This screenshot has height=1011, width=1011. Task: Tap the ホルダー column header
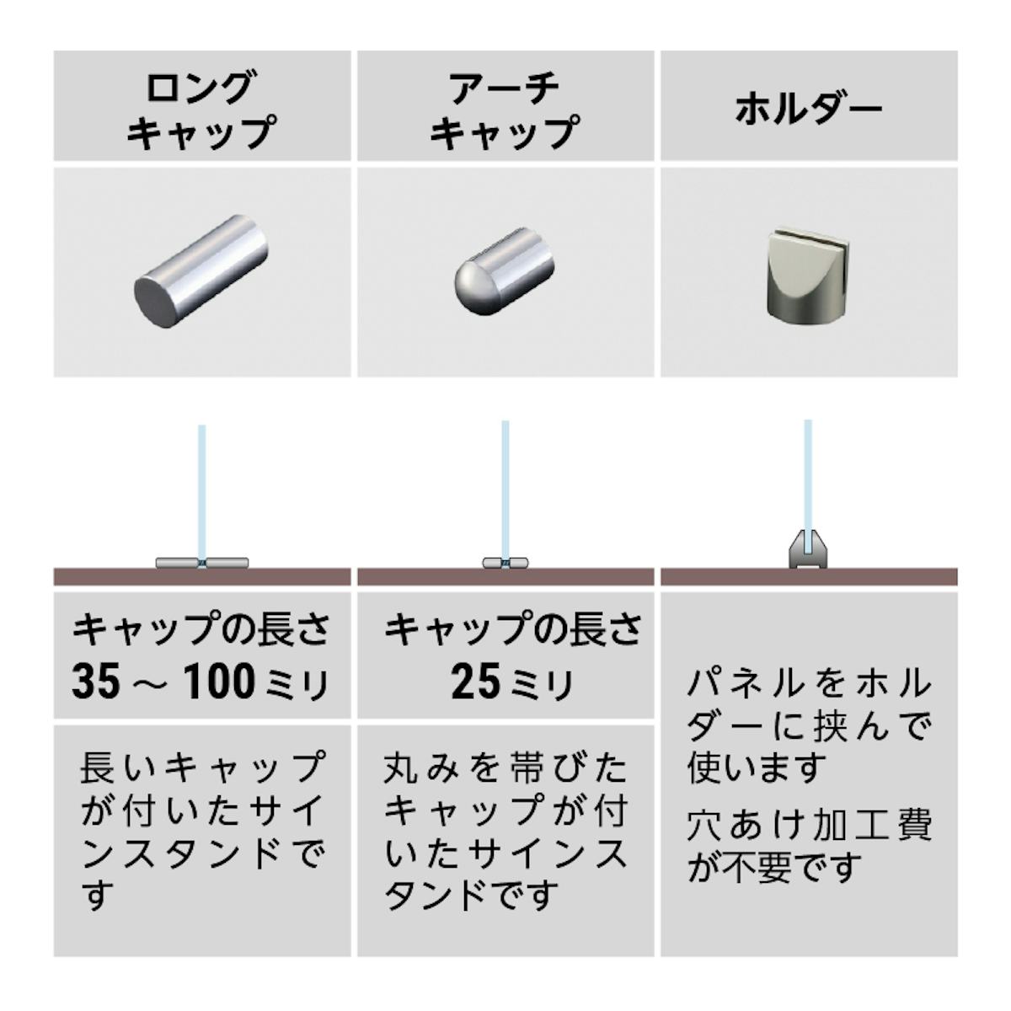(808, 109)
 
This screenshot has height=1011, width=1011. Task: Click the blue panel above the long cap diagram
(201, 489)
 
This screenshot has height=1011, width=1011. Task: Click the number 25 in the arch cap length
(475, 681)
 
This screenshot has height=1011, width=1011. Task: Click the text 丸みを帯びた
(505, 768)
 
